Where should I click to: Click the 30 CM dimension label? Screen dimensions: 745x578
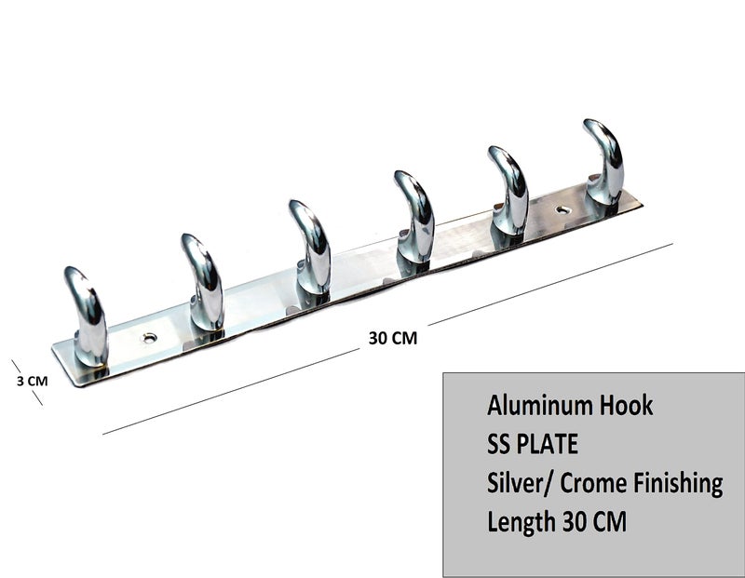[x=393, y=338]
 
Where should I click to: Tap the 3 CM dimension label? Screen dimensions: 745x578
[x=33, y=381]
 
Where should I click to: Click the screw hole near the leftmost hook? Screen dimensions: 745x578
[x=150, y=338]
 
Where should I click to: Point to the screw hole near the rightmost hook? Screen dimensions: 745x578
[x=563, y=210]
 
